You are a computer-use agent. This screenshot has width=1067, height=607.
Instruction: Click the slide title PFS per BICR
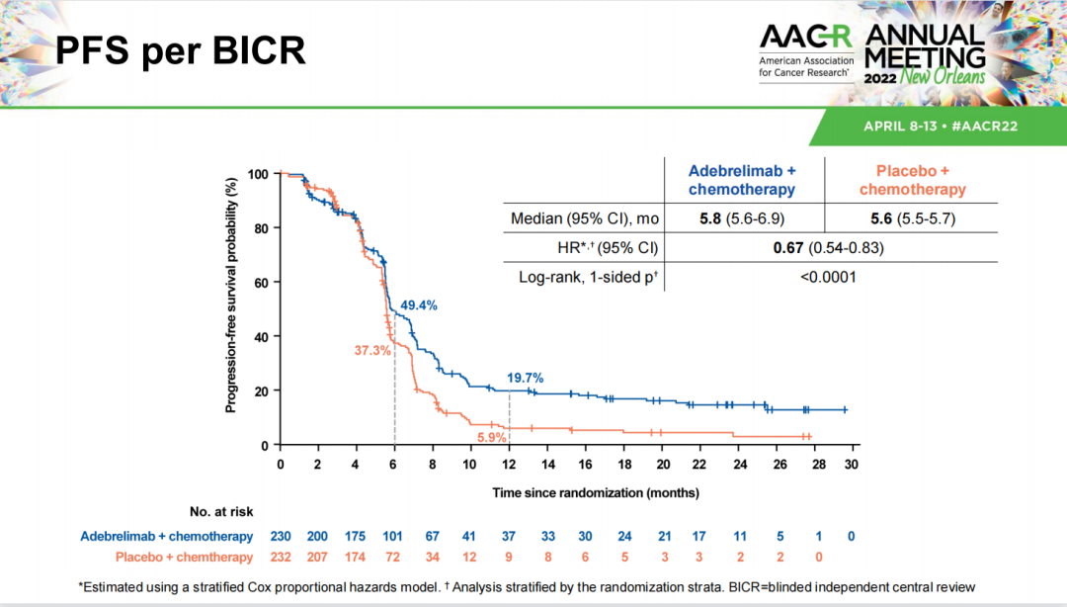pyautogui.click(x=178, y=50)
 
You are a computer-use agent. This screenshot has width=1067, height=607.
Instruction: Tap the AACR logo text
pyautogui.click(x=805, y=38)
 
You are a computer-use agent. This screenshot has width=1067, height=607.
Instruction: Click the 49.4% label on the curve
pyautogui.click(x=418, y=305)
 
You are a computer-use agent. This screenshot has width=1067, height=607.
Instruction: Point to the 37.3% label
pyautogui.click(x=373, y=351)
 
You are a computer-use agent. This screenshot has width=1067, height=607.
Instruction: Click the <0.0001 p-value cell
pyautogui.click(x=827, y=277)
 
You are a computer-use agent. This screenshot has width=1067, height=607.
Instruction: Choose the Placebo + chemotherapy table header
pyautogui.click(x=912, y=180)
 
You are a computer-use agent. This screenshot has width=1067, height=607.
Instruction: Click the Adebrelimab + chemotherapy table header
pyautogui.click(x=742, y=180)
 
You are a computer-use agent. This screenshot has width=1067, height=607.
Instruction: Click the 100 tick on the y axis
pyautogui.click(x=258, y=174)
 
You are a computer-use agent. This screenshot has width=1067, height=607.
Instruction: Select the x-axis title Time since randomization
pyautogui.click(x=596, y=491)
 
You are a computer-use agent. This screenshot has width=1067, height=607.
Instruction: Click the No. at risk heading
pyautogui.click(x=221, y=511)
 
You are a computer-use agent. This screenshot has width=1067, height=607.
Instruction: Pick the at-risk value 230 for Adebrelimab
pyautogui.click(x=281, y=537)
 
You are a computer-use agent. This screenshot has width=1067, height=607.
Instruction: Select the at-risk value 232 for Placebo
pyautogui.click(x=281, y=557)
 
